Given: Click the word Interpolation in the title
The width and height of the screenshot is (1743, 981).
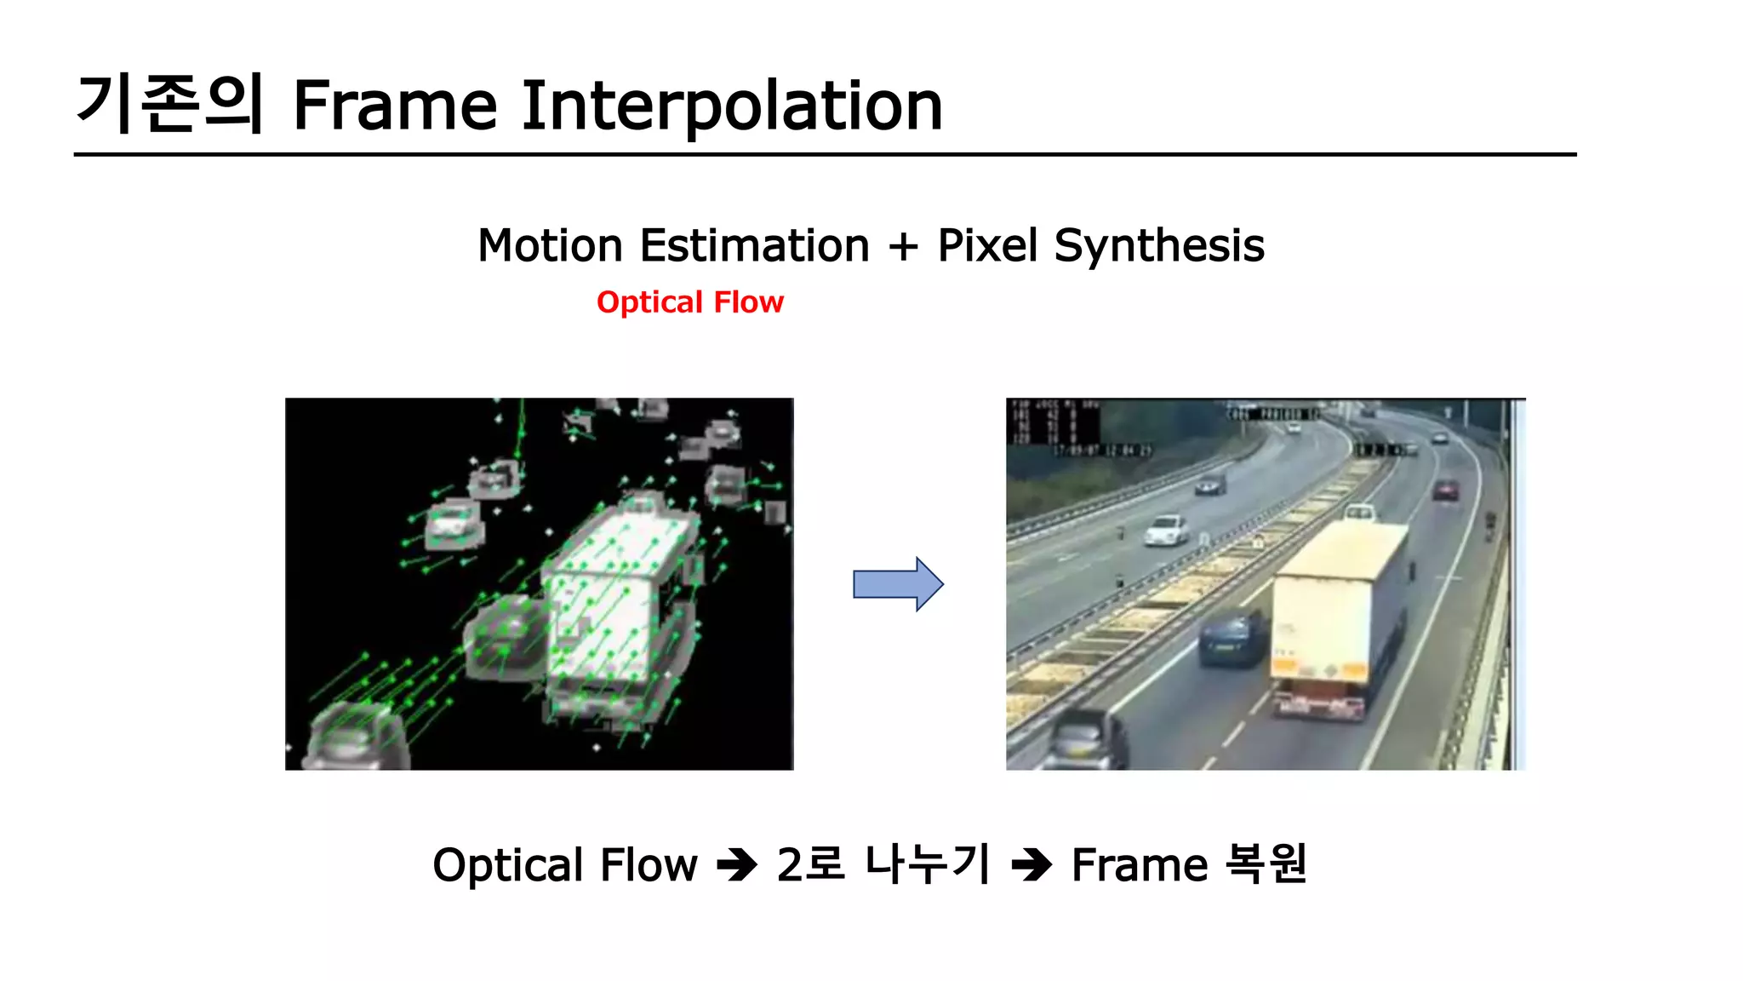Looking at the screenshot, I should [732, 106].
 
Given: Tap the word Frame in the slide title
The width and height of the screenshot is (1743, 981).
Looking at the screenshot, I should [394, 106].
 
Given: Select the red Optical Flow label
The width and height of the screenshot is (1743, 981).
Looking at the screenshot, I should [689, 302].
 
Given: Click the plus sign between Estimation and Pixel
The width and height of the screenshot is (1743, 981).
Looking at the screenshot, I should [903, 247].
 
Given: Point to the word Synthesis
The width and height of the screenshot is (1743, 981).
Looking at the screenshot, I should [1159, 247].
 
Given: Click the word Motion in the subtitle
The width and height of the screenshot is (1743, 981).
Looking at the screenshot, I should [550, 246].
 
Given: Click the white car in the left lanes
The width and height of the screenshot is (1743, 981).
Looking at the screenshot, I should [1166, 530].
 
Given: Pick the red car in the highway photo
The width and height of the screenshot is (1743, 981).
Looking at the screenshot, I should [1445, 490].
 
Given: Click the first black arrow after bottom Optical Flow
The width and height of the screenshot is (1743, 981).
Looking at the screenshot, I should [737, 866].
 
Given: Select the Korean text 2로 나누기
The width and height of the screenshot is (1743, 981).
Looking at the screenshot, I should [883, 864].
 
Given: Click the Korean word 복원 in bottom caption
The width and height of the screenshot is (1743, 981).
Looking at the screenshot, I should [1266, 864].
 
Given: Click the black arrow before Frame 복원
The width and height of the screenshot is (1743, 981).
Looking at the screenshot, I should [1032, 866].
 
